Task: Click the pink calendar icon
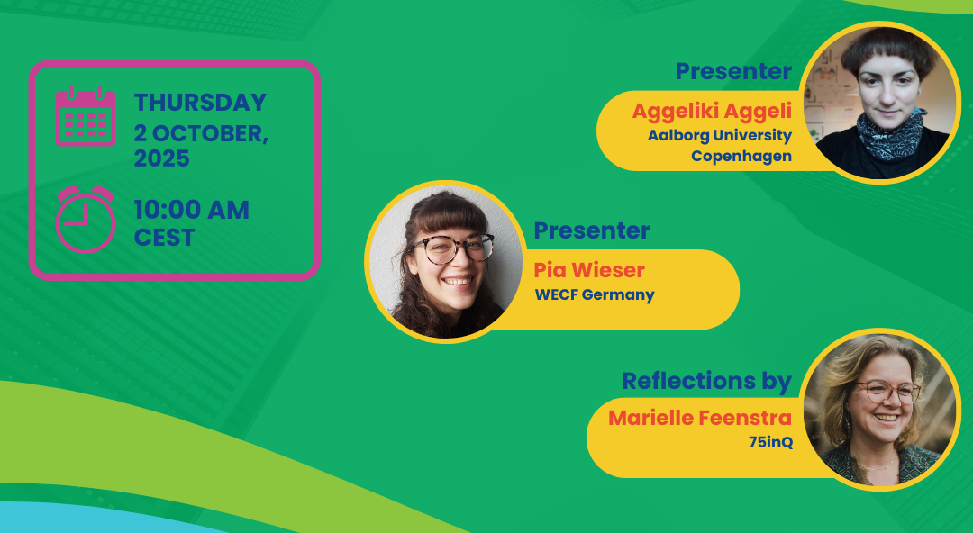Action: tap(86, 117)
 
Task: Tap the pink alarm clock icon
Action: tap(86, 219)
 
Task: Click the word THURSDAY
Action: tap(200, 103)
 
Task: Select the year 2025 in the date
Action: tap(162, 158)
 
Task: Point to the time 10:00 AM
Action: tap(192, 210)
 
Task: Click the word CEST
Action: tap(165, 238)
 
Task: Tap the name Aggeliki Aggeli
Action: tap(712, 112)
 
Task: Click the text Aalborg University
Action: tap(720, 135)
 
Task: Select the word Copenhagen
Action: tap(741, 157)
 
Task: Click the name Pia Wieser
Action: tap(589, 270)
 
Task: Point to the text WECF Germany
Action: tap(595, 294)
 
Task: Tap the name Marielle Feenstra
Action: tap(700, 418)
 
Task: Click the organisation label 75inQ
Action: tap(770, 442)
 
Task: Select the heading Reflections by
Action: tap(707, 381)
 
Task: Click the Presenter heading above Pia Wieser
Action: tap(592, 230)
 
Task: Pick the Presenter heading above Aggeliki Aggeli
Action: tap(733, 71)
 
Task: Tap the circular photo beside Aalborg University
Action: tap(880, 103)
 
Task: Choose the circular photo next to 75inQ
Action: tap(880, 410)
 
